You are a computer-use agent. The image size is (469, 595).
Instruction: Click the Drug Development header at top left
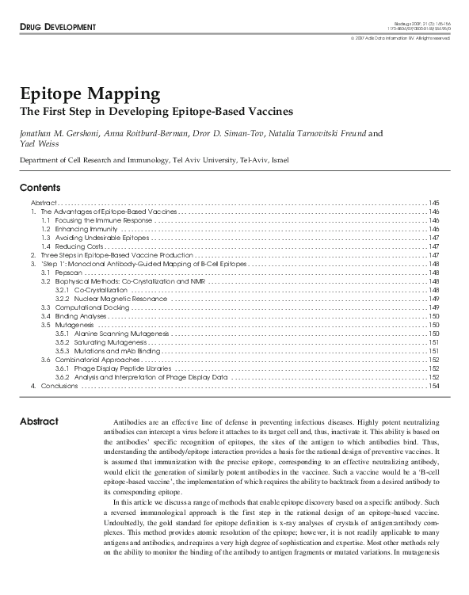click(53, 28)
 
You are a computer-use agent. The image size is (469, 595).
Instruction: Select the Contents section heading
click(40, 188)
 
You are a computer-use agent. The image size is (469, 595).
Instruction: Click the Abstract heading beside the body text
click(39, 421)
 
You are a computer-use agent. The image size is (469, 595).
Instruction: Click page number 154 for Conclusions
click(433, 386)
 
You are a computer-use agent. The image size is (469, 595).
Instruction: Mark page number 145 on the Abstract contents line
click(433, 204)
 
